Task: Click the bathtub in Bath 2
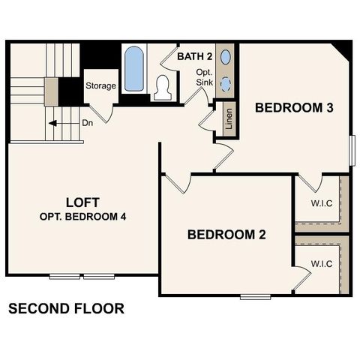pos(134,69)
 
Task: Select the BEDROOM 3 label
pos(294,107)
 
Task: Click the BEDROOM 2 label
pos(226,235)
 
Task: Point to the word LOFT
pos(82,202)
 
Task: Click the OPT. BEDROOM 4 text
pos(82,217)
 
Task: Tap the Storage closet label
pos(100,85)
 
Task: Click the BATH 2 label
pos(196,56)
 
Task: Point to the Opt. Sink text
pos(205,77)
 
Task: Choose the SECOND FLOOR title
pos(66,308)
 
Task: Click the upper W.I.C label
pos(322,203)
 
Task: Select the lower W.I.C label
pos(322,263)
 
